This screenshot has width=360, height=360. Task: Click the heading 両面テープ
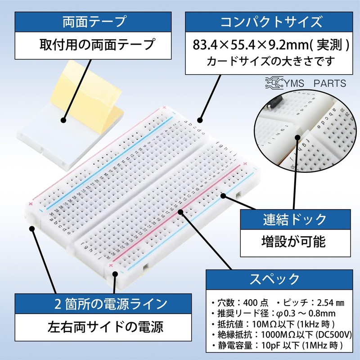point(93,21)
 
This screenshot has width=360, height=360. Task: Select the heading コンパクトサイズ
point(270,21)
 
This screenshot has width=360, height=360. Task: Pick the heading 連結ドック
point(295,220)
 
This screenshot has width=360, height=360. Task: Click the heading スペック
point(274,279)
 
